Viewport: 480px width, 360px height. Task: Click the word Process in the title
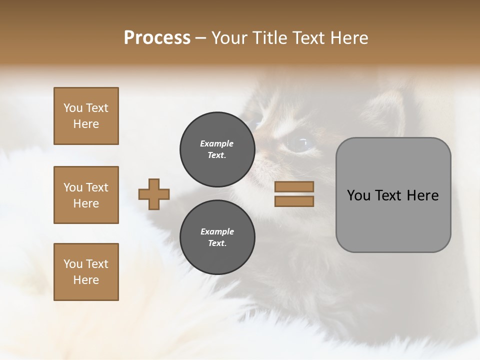click(x=157, y=38)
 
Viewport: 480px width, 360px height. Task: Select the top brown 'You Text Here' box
click(x=86, y=116)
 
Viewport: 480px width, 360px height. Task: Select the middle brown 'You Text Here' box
click(x=86, y=195)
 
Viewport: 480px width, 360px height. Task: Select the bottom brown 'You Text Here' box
click(x=86, y=272)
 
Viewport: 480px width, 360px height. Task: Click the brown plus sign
click(x=154, y=194)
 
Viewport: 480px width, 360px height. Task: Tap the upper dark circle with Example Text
click(x=217, y=149)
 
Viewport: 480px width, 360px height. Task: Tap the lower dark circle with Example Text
click(x=217, y=237)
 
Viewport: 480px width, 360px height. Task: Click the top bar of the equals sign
click(x=294, y=186)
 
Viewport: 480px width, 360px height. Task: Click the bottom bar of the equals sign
click(x=294, y=201)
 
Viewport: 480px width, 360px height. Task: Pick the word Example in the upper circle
click(x=217, y=143)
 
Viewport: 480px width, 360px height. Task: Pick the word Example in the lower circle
click(x=217, y=231)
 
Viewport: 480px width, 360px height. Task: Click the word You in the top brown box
click(x=73, y=108)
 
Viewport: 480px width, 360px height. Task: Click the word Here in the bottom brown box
click(x=86, y=280)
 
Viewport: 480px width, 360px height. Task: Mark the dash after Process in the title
click(x=201, y=38)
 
